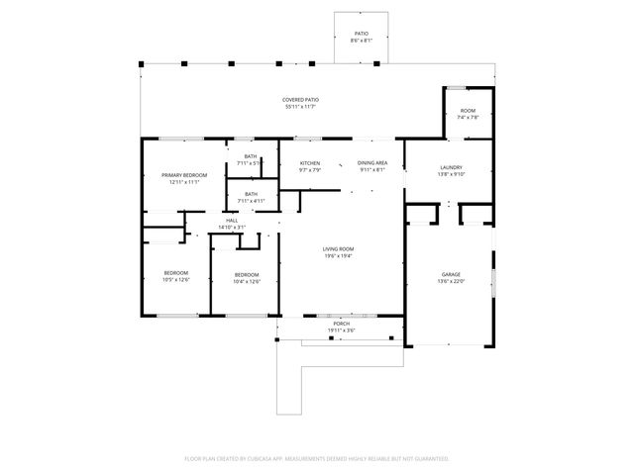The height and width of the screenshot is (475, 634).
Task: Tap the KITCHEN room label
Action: [x=310, y=163]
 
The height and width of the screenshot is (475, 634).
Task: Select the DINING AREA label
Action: [x=371, y=163]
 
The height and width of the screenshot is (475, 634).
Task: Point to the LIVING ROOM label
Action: [x=338, y=248]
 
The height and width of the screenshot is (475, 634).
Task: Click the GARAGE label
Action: [x=451, y=274]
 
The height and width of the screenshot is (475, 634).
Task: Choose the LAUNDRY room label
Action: [x=451, y=168]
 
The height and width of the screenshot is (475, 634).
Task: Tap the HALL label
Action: [x=232, y=221]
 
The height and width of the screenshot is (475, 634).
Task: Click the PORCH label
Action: [x=341, y=324]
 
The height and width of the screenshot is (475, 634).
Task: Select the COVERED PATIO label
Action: [x=300, y=100]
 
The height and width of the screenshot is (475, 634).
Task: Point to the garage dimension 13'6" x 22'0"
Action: [x=451, y=281]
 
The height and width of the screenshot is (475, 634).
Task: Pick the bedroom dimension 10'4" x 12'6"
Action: [x=247, y=281]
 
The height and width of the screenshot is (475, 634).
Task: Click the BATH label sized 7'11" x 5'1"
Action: [x=251, y=156]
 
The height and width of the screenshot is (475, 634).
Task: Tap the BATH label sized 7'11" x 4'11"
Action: [x=251, y=194]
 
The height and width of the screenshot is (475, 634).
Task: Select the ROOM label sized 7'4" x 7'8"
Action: [x=468, y=111]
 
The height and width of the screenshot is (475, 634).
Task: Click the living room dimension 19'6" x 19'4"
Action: [x=338, y=255]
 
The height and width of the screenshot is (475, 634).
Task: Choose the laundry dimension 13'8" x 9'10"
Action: [x=451, y=175]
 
